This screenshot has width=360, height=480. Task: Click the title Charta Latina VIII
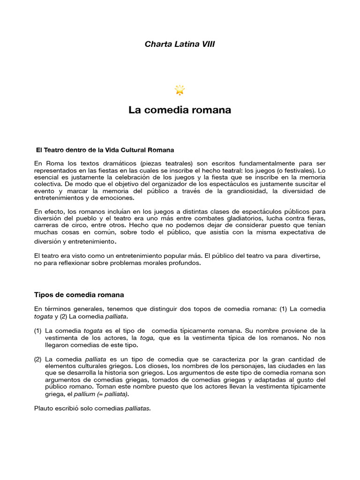pos(180,44)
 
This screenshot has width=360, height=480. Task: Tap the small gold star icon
pos(180,90)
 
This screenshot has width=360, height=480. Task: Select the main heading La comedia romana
pos(180,110)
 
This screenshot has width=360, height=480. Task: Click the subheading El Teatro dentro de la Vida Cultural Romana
pos(105,150)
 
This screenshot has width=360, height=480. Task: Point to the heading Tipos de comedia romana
pos(79,295)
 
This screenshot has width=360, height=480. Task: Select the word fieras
pos(314,219)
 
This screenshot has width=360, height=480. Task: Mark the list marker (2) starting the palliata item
pos(38,359)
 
